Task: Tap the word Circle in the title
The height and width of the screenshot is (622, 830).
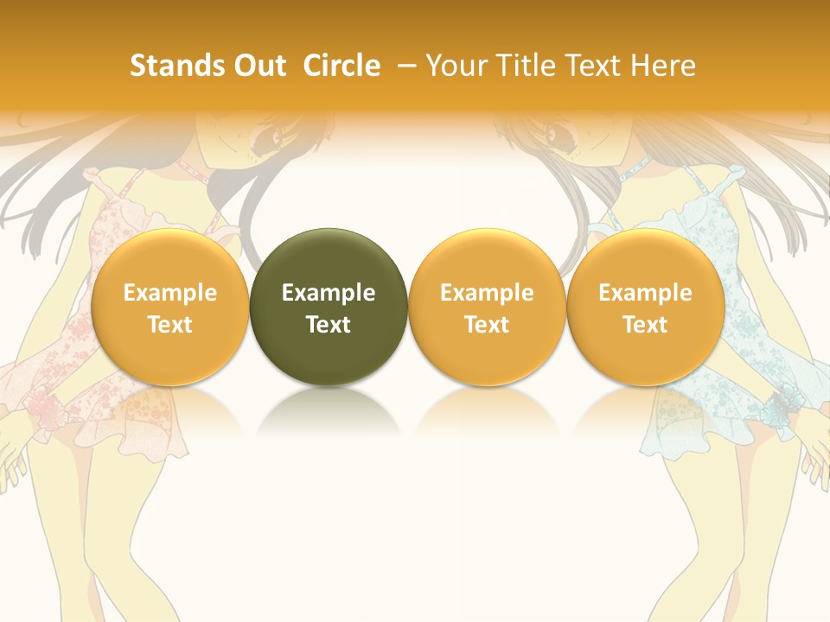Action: pyautogui.click(x=342, y=66)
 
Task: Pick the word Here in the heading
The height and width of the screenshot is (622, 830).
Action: pyautogui.click(x=666, y=66)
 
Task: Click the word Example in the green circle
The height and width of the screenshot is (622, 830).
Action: pyautogui.click(x=329, y=293)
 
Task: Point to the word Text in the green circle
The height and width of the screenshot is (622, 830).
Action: pyautogui.click(x=329, y=325)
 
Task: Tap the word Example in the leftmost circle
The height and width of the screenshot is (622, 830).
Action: pyautogui.click(x=170, y=293)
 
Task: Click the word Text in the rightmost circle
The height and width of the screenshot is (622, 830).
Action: pyautogui.click(x=645, y=325)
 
